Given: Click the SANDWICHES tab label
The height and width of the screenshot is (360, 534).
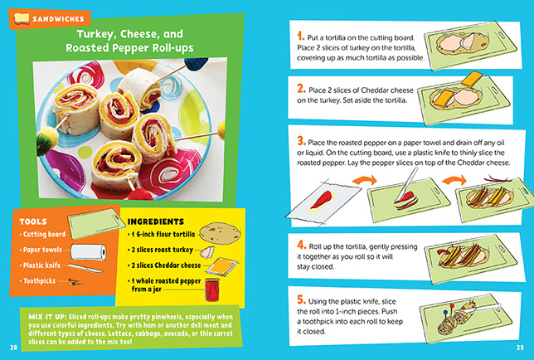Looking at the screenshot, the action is [x=58, y=19].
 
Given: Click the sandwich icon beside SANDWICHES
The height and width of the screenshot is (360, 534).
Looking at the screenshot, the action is [x=21, y=18].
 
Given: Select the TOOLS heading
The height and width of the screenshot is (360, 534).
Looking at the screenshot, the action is [x=33, y=221].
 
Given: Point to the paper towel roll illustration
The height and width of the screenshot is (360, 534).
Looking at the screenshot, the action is [x=89, y=252].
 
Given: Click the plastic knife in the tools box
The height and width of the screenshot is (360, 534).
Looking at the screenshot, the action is [x=85, y=268].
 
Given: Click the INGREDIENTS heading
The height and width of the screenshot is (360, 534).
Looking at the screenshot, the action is [x=156, y=221].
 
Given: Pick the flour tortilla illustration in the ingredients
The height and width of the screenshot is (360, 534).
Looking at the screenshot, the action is [x=220, y=232].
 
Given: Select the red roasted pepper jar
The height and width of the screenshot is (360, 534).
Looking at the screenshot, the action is [x=212, y=289].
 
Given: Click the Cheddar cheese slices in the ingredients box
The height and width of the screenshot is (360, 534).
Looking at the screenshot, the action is [x=221, y=266].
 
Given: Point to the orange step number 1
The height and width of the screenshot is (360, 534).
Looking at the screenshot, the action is [x=300, y=36].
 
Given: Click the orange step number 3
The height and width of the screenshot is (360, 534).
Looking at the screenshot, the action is [x=301, y=140].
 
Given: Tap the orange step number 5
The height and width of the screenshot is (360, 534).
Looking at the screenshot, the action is [x=301, y=299].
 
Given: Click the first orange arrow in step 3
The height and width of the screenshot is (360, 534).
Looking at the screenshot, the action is [x=364, y=180].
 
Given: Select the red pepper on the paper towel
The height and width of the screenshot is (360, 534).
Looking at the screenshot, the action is [x=321, y=200].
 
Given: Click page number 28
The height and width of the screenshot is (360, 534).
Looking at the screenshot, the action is [x=13, y=348].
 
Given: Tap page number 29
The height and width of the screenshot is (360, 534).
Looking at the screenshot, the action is [x=520, y=348].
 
